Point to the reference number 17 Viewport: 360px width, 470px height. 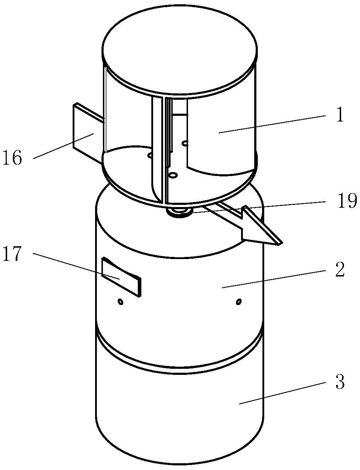coord(12,253)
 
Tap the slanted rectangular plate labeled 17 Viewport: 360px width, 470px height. coord(121,277)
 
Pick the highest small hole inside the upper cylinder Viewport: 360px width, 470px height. coord(186,143)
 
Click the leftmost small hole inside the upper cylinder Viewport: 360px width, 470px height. coord(150,155)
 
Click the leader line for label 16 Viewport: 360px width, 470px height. coord(63,146)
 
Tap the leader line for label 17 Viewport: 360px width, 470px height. coord(76,266)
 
